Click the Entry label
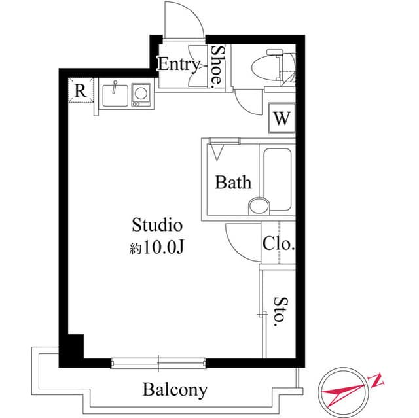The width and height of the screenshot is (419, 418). pos(179,64)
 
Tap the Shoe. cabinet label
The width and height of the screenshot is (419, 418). pos(217,65)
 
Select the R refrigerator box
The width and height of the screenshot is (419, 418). pos(80,91)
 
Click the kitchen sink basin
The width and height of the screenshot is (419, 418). pos(116,95)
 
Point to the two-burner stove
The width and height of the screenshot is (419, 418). pos(141,94)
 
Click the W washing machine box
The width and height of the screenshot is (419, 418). pos(282,118)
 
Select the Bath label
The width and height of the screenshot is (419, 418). pos(233,182)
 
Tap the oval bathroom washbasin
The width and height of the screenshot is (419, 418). pos(259,205)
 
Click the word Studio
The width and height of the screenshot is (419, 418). pos(156,226)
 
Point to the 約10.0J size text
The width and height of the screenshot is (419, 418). pos(156,249)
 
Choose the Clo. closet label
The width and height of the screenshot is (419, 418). pos(278,245)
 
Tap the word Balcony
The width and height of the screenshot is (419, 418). pos(175,391)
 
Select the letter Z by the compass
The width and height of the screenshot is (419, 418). pos(378,379)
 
